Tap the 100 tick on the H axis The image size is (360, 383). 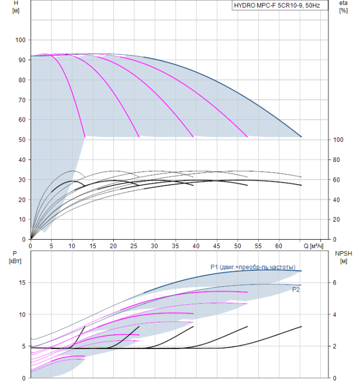(21, 40)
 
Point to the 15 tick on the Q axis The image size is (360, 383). (92, 246)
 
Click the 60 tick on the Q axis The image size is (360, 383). (280, 246)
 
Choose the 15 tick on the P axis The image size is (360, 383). (22, 283)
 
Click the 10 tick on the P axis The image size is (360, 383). (22, 315)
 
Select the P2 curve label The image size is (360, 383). (295, 289)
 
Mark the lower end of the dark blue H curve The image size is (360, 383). (301, 137)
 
